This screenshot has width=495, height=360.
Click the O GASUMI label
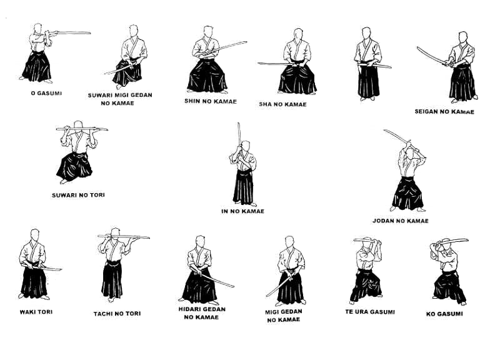click(x=46, y=94)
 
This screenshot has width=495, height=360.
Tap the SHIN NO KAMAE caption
click(x=211, y=101)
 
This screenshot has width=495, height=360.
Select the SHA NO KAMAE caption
click(x=282, y=104)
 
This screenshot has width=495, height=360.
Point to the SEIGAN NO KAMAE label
click(x=444, y=111)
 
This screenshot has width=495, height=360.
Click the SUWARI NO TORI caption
click(x=78, y=195)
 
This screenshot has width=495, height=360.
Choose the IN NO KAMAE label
click(x=242, y=211)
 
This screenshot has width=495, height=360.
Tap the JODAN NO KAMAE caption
click(x=400, y=221)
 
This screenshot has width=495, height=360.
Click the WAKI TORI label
click(x=36, y=312)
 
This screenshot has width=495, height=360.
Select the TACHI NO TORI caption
click(x=117, y=314)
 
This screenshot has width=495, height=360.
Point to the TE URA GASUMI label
click(x=370, y=312)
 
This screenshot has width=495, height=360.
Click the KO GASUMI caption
click(x=444, y=314)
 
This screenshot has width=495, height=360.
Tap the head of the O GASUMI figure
click(x=38, y=28)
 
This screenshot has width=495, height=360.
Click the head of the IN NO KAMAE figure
click(x=246, y=146)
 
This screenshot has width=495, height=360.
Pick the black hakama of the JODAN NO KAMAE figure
click(x=407, y=194)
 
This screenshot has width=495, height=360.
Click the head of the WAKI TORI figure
click(x=35, y=235)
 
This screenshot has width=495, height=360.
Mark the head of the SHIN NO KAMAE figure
click(x=208, y=32)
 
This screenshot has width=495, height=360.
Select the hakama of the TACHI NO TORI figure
click(x=112, y=279)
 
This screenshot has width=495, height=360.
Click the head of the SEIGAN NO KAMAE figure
click(x=462, y=37)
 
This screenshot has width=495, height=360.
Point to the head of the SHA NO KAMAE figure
click(x=298, y=34)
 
